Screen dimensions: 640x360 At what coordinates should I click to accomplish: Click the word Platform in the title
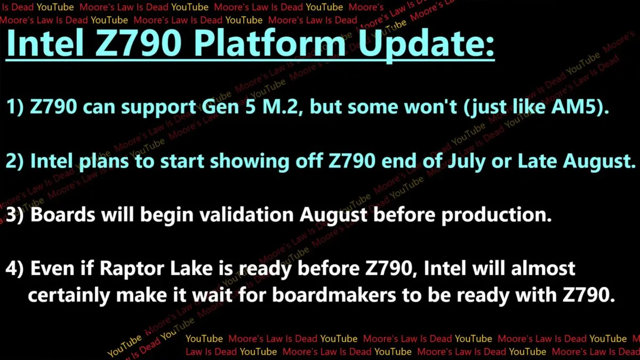(270, 43)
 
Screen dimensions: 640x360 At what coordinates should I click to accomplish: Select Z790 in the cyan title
(138, 43)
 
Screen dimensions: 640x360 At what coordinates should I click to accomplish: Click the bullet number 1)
(15, 107)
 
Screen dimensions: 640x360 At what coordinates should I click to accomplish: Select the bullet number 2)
(14, 161)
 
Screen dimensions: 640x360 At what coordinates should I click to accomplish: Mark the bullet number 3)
(14, 214)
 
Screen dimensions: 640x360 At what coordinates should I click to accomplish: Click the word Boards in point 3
(63, 214)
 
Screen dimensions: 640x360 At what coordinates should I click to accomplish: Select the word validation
(246, 214)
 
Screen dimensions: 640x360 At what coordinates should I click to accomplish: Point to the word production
(497, 215)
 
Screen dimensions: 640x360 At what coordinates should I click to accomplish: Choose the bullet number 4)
(14, 268)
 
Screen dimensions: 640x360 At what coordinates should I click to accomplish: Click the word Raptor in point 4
(131, 269)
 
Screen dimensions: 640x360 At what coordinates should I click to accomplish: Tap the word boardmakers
(334, 294)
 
